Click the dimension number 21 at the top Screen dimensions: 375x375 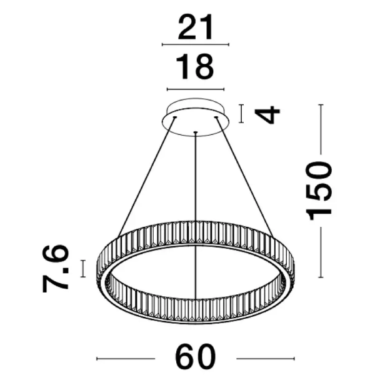pos(196,27)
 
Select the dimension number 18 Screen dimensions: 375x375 pos(196,67)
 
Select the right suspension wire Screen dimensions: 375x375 pos(246,175)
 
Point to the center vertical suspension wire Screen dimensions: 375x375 pos(196,187)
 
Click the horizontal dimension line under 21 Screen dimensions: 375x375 pos(196,45)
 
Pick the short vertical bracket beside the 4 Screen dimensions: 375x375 pos(242,114)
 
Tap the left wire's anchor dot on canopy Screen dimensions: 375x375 pos(174,117)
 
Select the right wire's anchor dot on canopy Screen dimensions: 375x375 pos(217,117)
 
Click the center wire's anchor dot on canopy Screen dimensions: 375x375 pos(196,132)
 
